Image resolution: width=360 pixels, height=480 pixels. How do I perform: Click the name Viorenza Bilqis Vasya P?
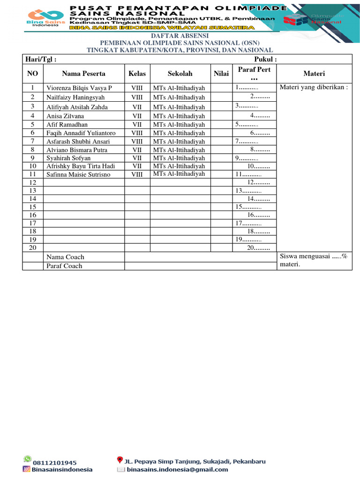[79, 88]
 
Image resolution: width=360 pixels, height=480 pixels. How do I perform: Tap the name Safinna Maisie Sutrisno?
[78, 174]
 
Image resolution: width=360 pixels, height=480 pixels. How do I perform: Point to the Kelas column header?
[137, 74]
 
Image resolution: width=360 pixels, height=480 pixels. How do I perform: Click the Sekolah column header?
[180, 74]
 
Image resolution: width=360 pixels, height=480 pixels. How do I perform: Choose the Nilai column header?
[221, 74]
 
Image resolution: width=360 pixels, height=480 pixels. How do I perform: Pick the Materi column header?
[314, 74]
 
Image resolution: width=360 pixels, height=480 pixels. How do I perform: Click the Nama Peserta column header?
[83, 74]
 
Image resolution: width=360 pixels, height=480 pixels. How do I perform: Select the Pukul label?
[265, 60]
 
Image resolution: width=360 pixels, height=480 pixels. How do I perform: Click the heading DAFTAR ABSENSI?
[180, 36]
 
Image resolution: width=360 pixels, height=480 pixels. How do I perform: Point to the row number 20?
[33, 247]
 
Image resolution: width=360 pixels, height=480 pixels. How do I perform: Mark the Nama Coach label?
[65, 257]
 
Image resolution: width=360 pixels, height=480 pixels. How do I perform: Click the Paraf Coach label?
[64, 266]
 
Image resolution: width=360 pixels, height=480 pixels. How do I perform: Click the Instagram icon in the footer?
[27, 469]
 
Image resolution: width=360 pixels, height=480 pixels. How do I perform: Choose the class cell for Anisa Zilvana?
[137, 116]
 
